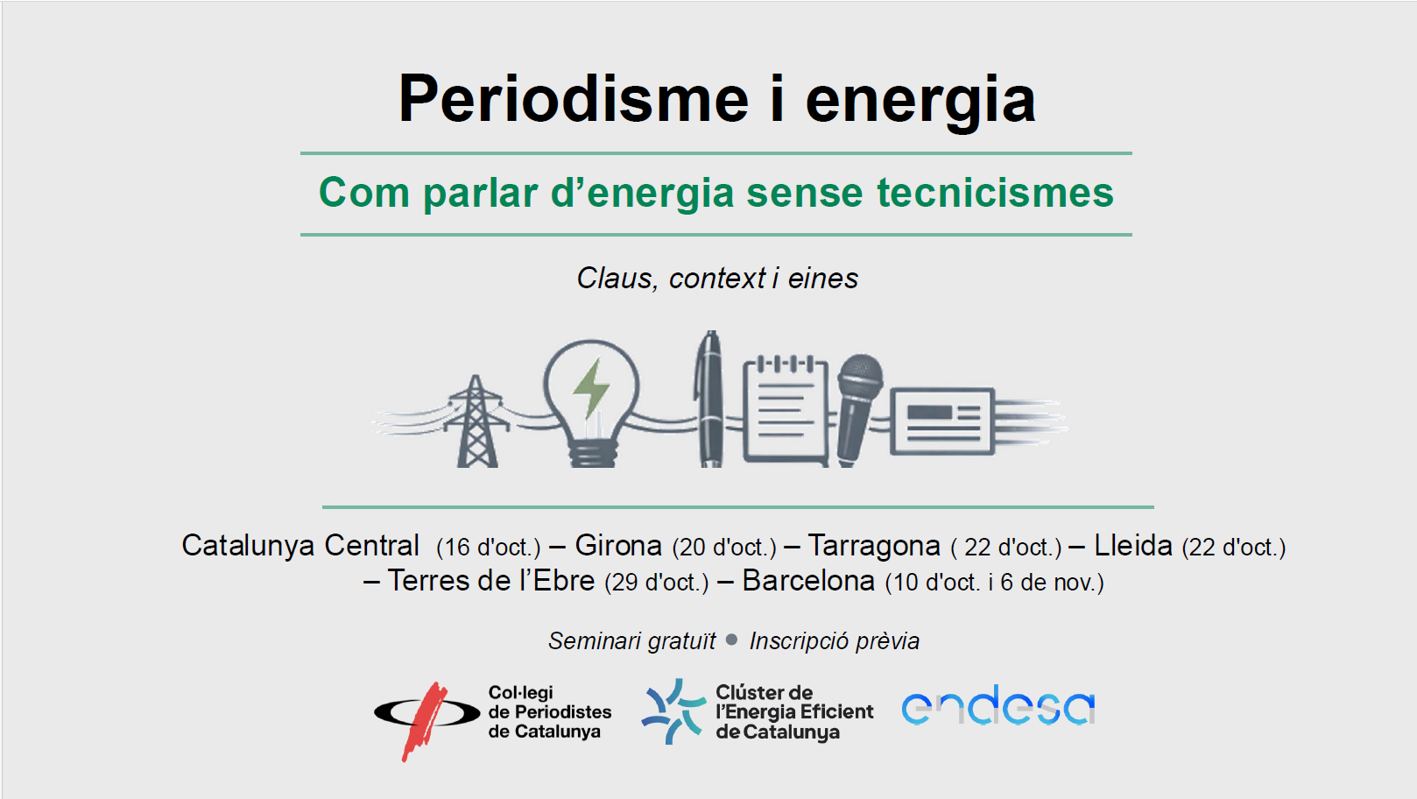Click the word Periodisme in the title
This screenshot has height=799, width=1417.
tap(574, 98)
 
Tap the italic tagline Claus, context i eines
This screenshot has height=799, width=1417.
tap(717, 279)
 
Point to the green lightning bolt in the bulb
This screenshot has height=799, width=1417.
tap(591, 389)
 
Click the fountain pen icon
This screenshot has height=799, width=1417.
tap(709, 399)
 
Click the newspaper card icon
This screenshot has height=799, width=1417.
tap(942, 421)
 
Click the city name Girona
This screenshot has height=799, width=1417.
tap(618, 546)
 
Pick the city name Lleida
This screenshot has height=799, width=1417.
tap(1133, 546)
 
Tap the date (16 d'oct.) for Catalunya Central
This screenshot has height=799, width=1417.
tap(489, 548)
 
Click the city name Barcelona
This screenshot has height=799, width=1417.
tap(808, 581)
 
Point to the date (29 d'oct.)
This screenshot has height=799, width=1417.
tap(657, 583)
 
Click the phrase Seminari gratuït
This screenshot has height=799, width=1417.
tap(632, 641)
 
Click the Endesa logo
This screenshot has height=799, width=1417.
tap(998, 705)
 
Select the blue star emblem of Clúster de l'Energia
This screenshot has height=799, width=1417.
tap(673, 711)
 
